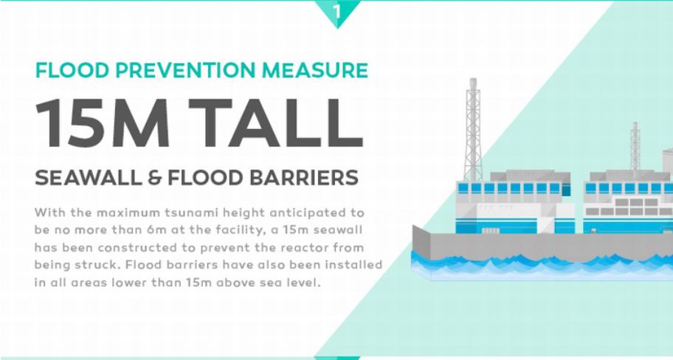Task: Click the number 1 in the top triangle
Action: click(x=337, y=11)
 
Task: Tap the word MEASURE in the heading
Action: click(x=315, y=70)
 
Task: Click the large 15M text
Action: click(x=102, y=123)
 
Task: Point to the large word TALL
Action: click(x=276, y=123)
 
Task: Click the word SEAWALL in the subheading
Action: click(x=88, y=178)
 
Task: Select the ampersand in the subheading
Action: click(x=154, y=178)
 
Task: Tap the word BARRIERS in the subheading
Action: click(x=304, y=178)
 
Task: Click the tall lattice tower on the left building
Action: click(x=473, y=130)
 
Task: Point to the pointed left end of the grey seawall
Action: click(x=413, y=225)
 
